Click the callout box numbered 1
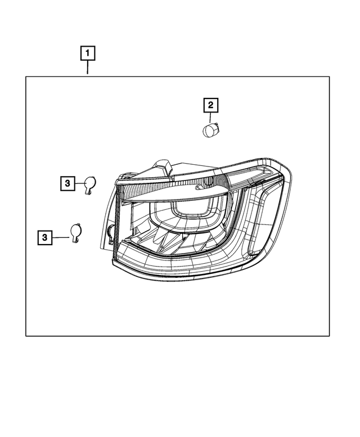pos(88,54)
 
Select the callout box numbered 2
pos(210,105)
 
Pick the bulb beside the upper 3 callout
pos(89,183)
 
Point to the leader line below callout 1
pos(88,69)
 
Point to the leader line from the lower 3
pos(60,238)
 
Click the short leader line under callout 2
pos(210,118)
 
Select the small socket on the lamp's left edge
pos(111,232)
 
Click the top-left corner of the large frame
pos(26,77)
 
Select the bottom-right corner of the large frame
pos(330,336)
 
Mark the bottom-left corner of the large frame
pos(26,336)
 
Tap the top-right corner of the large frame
pos(330,77)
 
